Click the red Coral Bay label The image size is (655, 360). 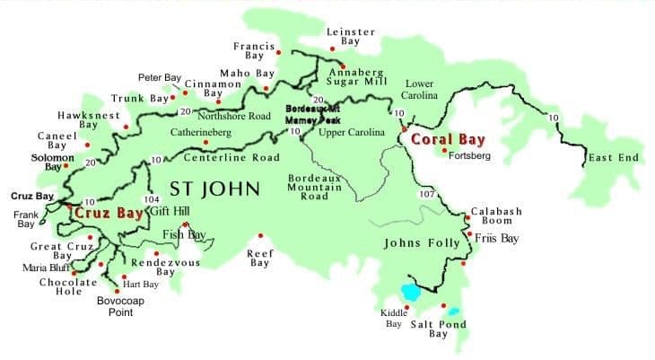click(x=447, y=139)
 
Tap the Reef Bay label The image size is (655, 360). click(x=259, y=259)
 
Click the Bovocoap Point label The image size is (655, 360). click(x=120, y=306)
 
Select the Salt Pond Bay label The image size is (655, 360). click(x=438, y=329)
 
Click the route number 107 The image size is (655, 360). click(x=426, y=194)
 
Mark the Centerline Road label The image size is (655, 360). click(x=231, y=158)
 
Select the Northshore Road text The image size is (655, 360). click(x=234, y=116)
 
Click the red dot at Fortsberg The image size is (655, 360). click(x=445, y=150)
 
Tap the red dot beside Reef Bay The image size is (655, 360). click(x=250, y=237)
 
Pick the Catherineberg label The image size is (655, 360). click(x=201, y=132)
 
